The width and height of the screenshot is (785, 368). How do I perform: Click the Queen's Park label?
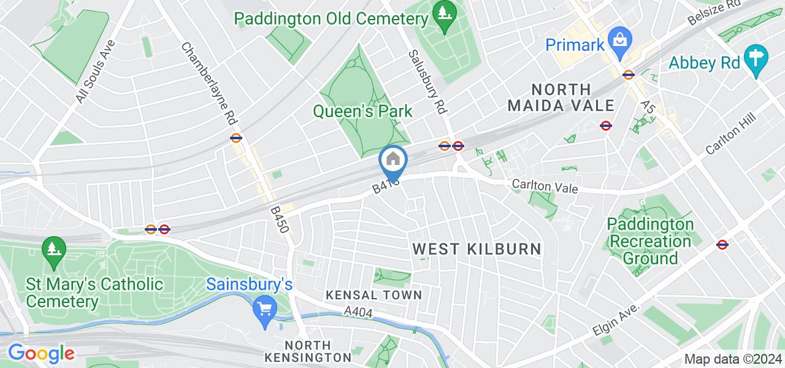[362, 111]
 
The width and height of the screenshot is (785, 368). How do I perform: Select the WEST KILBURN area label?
[477, 248]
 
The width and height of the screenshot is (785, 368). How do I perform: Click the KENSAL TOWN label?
[374, 295]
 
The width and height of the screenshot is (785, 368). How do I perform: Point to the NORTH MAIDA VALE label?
[561, 98]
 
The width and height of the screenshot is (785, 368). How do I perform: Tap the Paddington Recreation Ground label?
[650, 241]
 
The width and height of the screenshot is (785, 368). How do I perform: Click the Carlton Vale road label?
[545, 187]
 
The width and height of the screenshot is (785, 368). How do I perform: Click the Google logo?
[41, 353]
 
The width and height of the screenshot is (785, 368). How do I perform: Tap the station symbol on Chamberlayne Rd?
[236, 137]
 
